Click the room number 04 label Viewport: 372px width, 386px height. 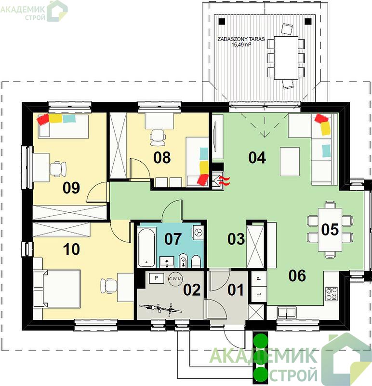point(257,158)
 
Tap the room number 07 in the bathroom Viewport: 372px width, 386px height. point(173,238)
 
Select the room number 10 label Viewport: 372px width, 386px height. point(71,249)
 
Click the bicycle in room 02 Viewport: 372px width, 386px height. point(160,309)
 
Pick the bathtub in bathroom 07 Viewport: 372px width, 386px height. point(147,247)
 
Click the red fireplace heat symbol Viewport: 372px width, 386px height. point(226,180)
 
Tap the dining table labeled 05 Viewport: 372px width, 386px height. point(330,230)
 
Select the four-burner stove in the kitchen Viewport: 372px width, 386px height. point(332,294)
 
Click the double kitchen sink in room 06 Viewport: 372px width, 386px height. point(286,312)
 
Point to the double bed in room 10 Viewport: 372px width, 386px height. point(57,289)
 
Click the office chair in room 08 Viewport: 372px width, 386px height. point(158,138)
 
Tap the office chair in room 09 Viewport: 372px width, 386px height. point(58,169)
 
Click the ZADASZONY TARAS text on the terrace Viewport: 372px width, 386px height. point(241,39)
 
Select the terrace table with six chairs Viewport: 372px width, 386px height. point(286,58)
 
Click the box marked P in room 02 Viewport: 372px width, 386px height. point(157,278)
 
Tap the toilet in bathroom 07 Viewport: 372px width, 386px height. point(196,261)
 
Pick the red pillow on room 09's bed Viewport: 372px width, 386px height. point(43,119)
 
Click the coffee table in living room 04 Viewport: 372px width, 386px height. point(290,162)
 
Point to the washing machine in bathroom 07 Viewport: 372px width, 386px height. point(198,232)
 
